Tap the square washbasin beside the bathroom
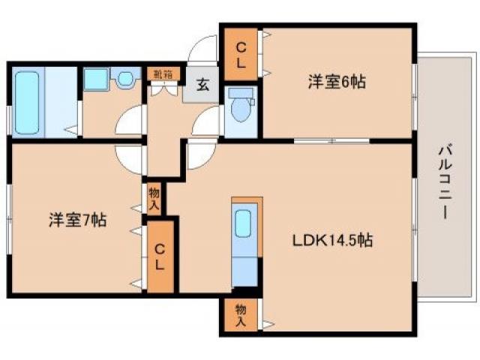coord(95,79)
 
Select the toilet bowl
coord(241,109)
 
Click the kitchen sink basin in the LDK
coord(244,224)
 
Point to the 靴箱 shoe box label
coord(163,73)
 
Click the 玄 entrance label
coord(203,83)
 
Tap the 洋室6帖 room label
coord(336,82)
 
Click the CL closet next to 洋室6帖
coord(241,55)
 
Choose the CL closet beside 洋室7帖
coord(160,255)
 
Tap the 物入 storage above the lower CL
coord(154,199)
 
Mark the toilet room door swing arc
coord(206,120)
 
